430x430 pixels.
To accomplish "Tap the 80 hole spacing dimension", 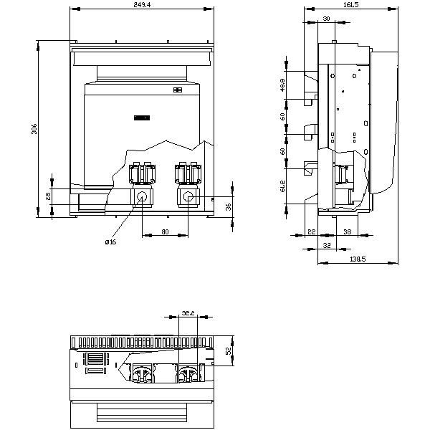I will click(165, 231).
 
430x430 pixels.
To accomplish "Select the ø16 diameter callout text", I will click(110, 242).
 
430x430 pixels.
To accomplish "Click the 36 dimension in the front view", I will click(229, 207).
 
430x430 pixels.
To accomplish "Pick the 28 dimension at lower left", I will click(48, 196).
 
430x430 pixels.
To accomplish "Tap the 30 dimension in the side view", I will click(326, 19).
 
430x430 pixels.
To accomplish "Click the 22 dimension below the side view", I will click(311, 231).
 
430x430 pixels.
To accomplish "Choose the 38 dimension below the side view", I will click(347, 231).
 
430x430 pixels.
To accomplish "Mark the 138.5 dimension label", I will click(358, 259).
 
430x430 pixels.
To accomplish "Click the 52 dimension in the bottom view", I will click(229, 350).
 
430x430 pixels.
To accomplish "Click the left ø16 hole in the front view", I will click(141, 197).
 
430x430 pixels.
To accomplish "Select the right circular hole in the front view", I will click(188, 197).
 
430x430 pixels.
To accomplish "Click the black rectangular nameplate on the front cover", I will click(140, 118).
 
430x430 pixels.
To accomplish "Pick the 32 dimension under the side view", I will click(327, 244).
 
